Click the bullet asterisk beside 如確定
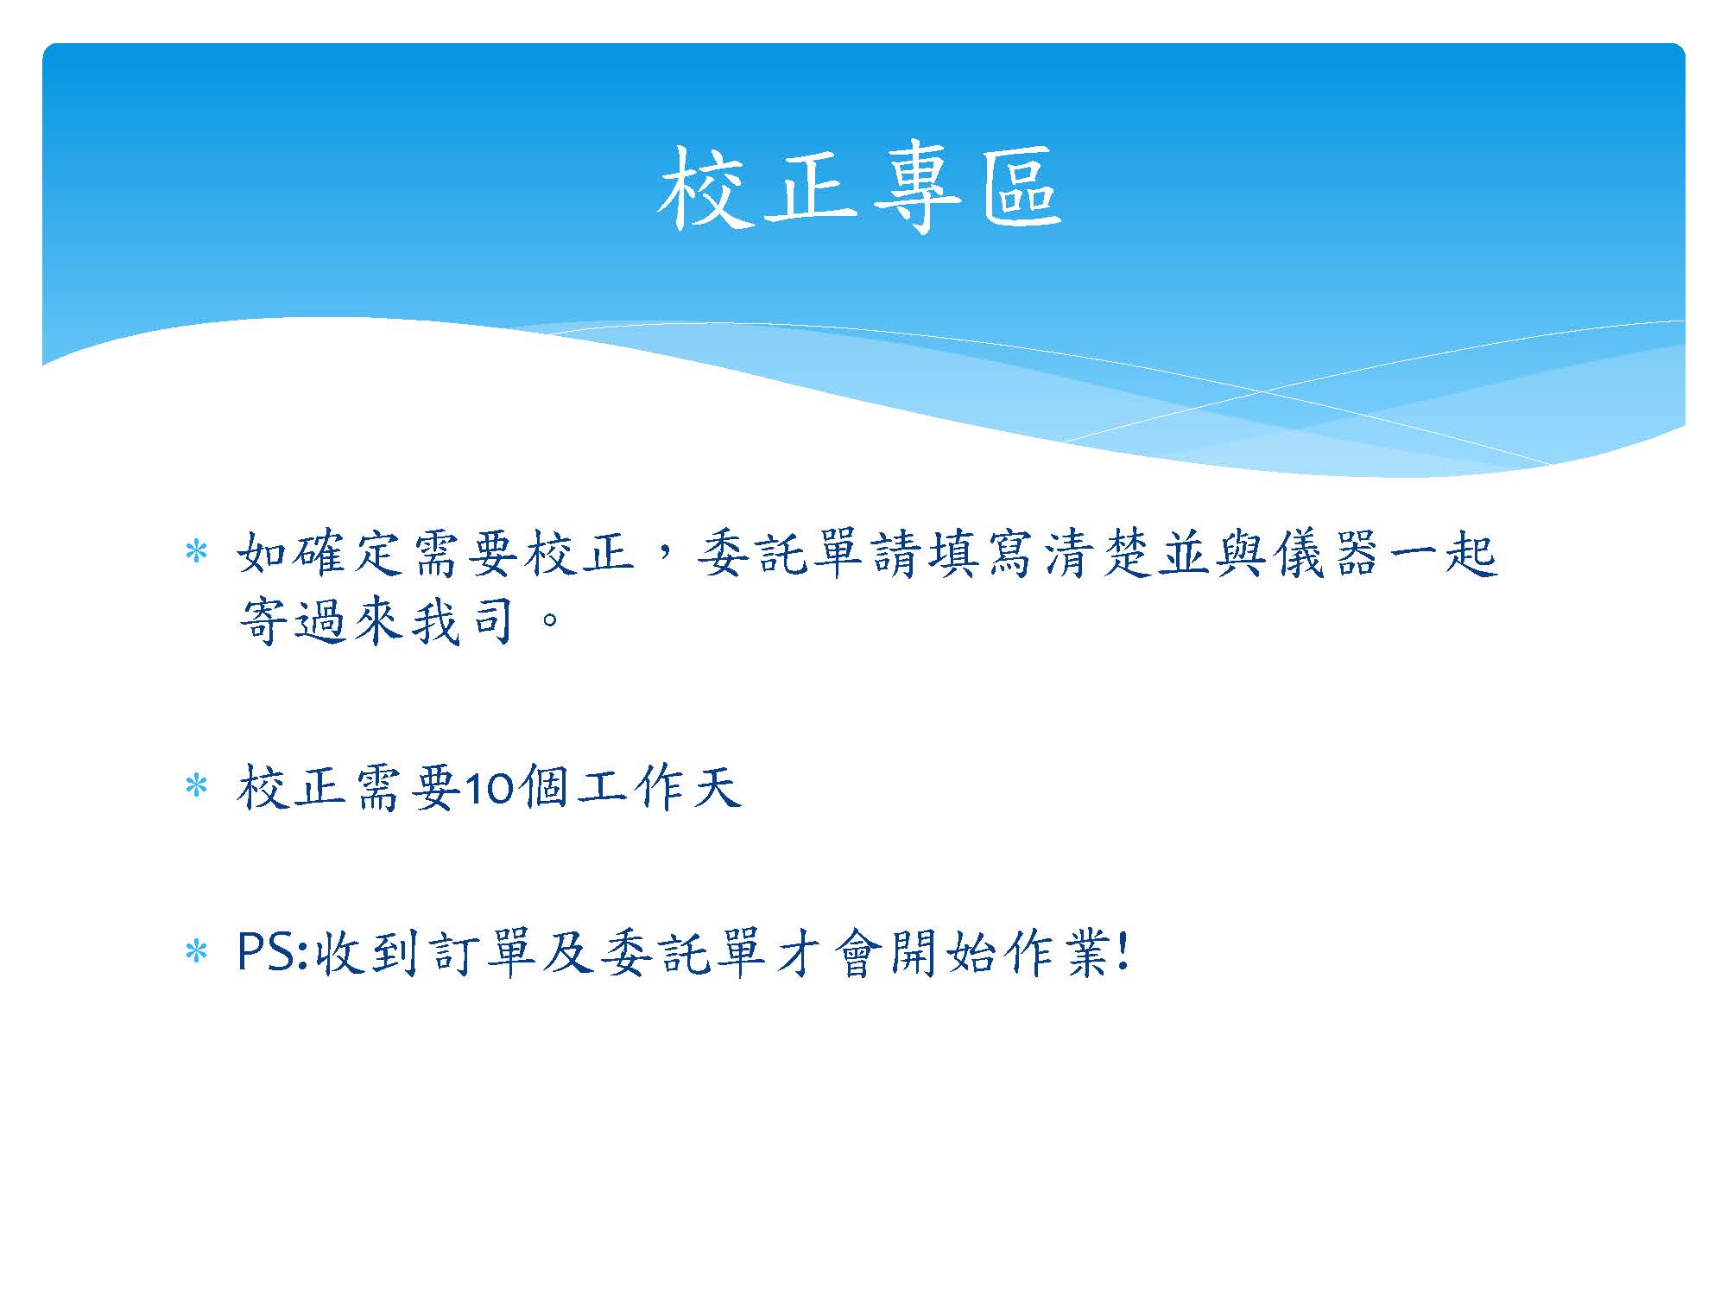pos(197,552)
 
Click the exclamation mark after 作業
pos(1122,954)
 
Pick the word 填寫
pos(981,553)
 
